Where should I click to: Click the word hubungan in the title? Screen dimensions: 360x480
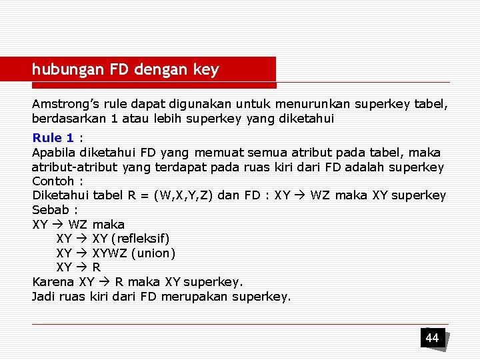pyautogui.click(x=61, y=69)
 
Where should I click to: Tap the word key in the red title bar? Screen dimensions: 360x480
pyautogui.click(x=205, y=69)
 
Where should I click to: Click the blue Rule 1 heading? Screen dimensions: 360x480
pyautogui.click(x=53, y=138)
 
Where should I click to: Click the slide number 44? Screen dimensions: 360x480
pyautogui.click(x=432, y=338)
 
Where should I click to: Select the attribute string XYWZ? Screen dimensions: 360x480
pyautogui.click(x=107, y=253)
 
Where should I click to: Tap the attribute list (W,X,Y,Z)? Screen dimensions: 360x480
pyautogui.click(x=187, y=196)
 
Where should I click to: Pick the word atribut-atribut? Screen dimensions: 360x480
pyautogui.click(x=75, y=167)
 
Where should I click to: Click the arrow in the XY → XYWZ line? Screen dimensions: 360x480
pyautogui.click(x=81, y=253)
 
